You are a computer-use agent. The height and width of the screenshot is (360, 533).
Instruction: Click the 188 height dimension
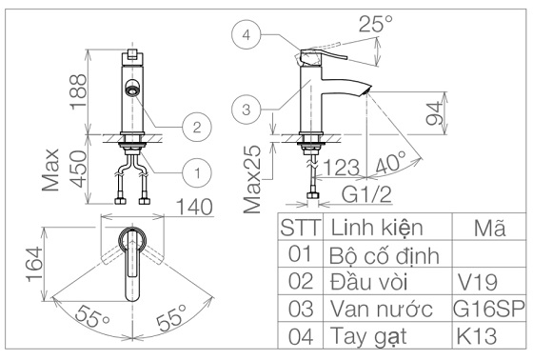click(x=79, y=91)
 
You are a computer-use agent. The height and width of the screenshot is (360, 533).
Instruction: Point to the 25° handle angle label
click(x=375, y=24)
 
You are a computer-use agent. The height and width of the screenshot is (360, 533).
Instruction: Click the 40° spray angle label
click(x=391, y=162)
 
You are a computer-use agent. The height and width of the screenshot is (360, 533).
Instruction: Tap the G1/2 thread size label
click(x=366, y=195)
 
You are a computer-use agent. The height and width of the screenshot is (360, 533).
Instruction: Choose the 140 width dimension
click(x=195, y=207)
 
